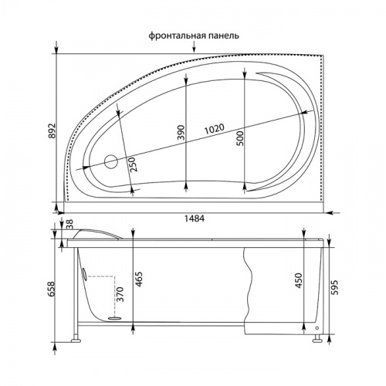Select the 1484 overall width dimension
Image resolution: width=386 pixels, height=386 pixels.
(x=195, y=218)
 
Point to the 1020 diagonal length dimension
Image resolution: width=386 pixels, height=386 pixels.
(x=215, y=129)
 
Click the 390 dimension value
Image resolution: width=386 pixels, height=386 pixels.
(x=181, y=132)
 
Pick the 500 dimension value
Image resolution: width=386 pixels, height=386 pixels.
(x=239, y=138)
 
